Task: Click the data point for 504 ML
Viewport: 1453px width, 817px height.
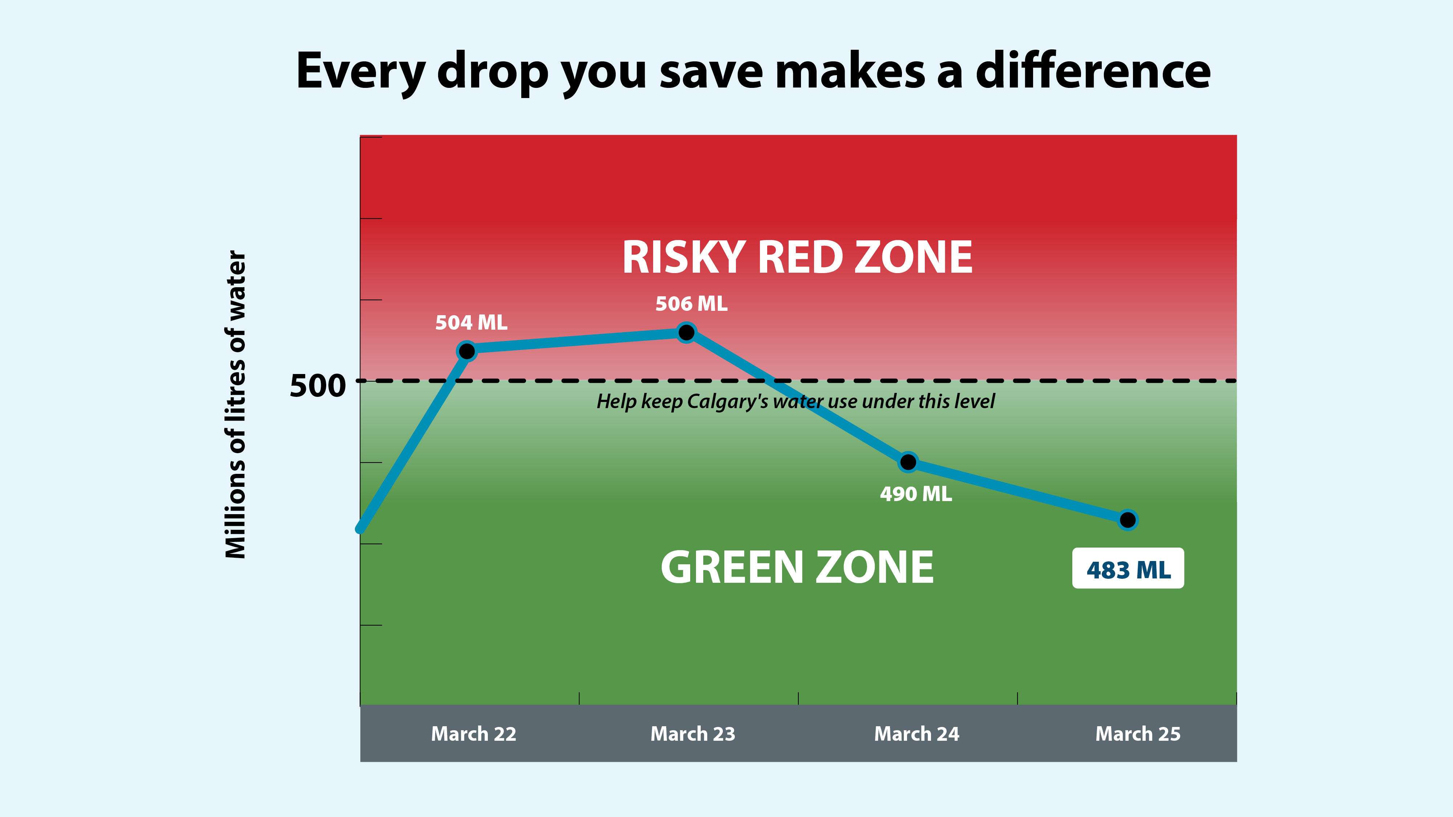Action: (x=467, y=351)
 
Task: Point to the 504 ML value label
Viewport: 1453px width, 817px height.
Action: (x=471, y=322)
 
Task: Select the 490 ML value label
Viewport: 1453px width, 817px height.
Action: (x=915, y=494)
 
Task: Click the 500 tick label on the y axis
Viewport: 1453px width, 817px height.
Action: (x=317, y=386)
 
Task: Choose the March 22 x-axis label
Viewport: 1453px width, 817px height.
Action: (x=473, y=733)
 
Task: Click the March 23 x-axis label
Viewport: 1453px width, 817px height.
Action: (x=693, y=733)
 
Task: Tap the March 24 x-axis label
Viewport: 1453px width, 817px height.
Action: (x=916, y=733)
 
